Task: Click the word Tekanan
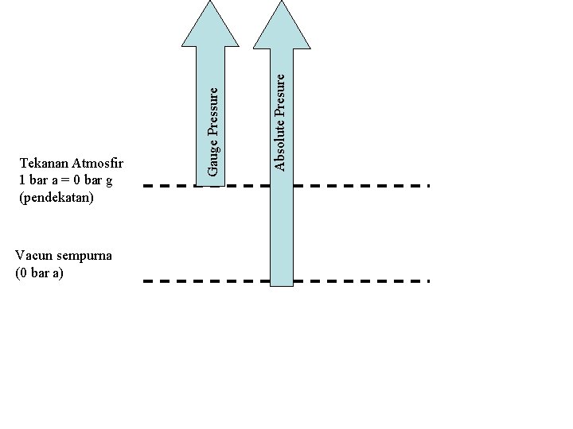point(44,164)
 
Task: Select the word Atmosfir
point(99,164)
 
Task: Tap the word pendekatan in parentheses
point(56,196)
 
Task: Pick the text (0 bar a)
point(40,272)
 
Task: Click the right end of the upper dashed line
point(427,185)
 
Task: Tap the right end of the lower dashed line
point(427,281)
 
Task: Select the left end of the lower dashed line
point(146,281)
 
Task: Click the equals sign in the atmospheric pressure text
point(64,180)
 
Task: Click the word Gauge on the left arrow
point(212,157)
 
